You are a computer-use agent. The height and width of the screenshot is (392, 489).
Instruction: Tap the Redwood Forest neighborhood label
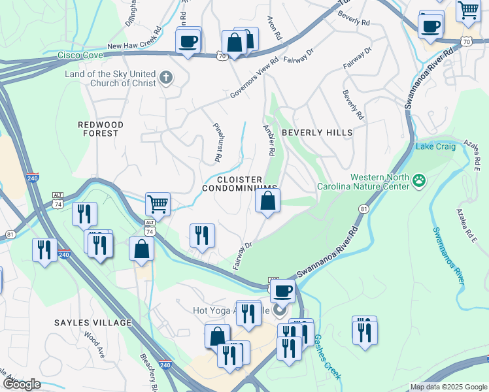pos(98,128)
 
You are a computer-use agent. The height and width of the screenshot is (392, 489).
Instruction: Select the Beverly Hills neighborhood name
pos(317,132)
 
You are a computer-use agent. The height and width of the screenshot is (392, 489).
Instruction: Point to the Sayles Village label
pos(93,323)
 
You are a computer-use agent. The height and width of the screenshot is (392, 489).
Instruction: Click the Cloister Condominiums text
pos(239,184)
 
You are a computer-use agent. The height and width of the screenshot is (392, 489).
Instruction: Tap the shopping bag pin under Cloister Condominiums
pos(267,201)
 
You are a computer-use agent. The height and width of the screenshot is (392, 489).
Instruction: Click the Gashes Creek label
pos(327,357)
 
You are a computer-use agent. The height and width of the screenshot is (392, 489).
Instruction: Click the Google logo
pos(21,384)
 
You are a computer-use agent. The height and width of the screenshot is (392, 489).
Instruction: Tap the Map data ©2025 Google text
pos(448,387)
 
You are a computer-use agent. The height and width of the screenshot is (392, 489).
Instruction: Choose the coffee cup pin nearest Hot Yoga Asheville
pos(282,291)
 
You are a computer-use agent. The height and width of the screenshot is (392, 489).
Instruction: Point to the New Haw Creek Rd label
pos(134,40)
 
